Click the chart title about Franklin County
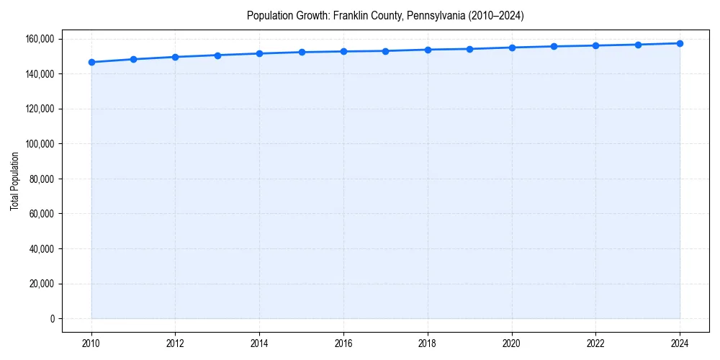(x=385, y=15)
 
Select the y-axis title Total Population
(x=14, y=181)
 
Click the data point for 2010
(x=91, y=62)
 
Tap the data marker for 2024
(x=680, y=43)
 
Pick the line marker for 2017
(x=386, y=51)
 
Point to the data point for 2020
(x=512, y=48)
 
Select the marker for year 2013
(x=217, y=55)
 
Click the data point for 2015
(x=302, y=52)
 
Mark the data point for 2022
(x=595, y=45)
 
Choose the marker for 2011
(x=133, y=59)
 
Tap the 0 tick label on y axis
(x=52, y=319)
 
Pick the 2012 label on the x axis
(x=176, y=342)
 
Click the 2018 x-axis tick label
(x=428, y=342)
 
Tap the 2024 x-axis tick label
(x=680, y=342)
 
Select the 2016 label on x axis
(x=343, y=342)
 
